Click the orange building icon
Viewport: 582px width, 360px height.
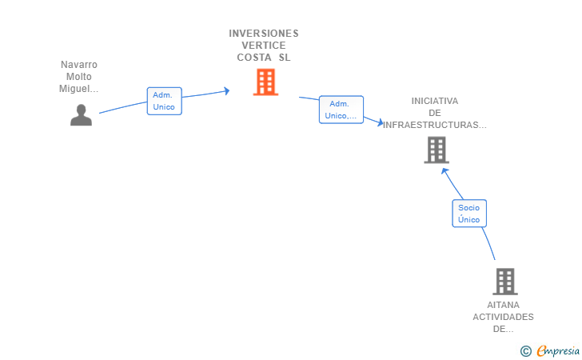click(x=265, y=82)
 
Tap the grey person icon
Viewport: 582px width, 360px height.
click(x=81, y=115)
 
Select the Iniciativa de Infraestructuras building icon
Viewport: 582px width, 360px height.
click(x=436, y=150)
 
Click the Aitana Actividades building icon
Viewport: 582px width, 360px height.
click(x=504, y=281)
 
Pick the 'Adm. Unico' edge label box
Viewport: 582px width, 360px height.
click(x=164, y=101)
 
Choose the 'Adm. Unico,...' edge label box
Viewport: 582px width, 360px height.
click(x=341, y=110)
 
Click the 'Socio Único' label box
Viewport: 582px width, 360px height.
click(x=468, y=214)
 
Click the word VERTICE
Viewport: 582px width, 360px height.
click(x=264, y=46)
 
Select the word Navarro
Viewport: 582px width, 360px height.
click(x=79, y=65)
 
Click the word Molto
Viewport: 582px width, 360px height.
click(x=79, y=77)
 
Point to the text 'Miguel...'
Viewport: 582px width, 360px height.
click(x=79, y=89)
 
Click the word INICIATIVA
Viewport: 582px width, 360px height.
click(x=435, y=101)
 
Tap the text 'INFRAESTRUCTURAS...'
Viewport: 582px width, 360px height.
click(x=435, y=125)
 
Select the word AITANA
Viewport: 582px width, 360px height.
click(x=503, y=305)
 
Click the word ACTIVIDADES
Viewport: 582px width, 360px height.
click(x=503, y=317)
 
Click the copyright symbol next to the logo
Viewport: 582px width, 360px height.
click(x=525, y=350)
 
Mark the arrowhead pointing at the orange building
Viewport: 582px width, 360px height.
click(x=226, y=90)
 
